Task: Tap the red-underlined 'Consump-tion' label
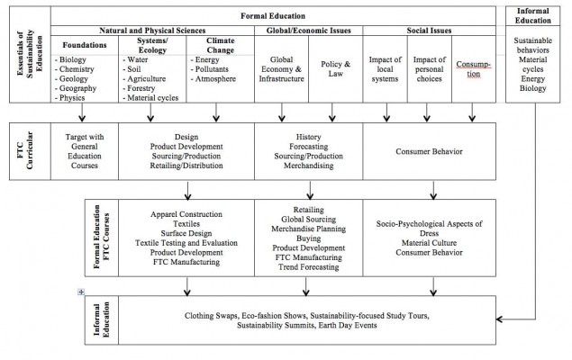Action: (x=473, y=65)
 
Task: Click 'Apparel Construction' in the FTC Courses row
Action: (x=187, y=215)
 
